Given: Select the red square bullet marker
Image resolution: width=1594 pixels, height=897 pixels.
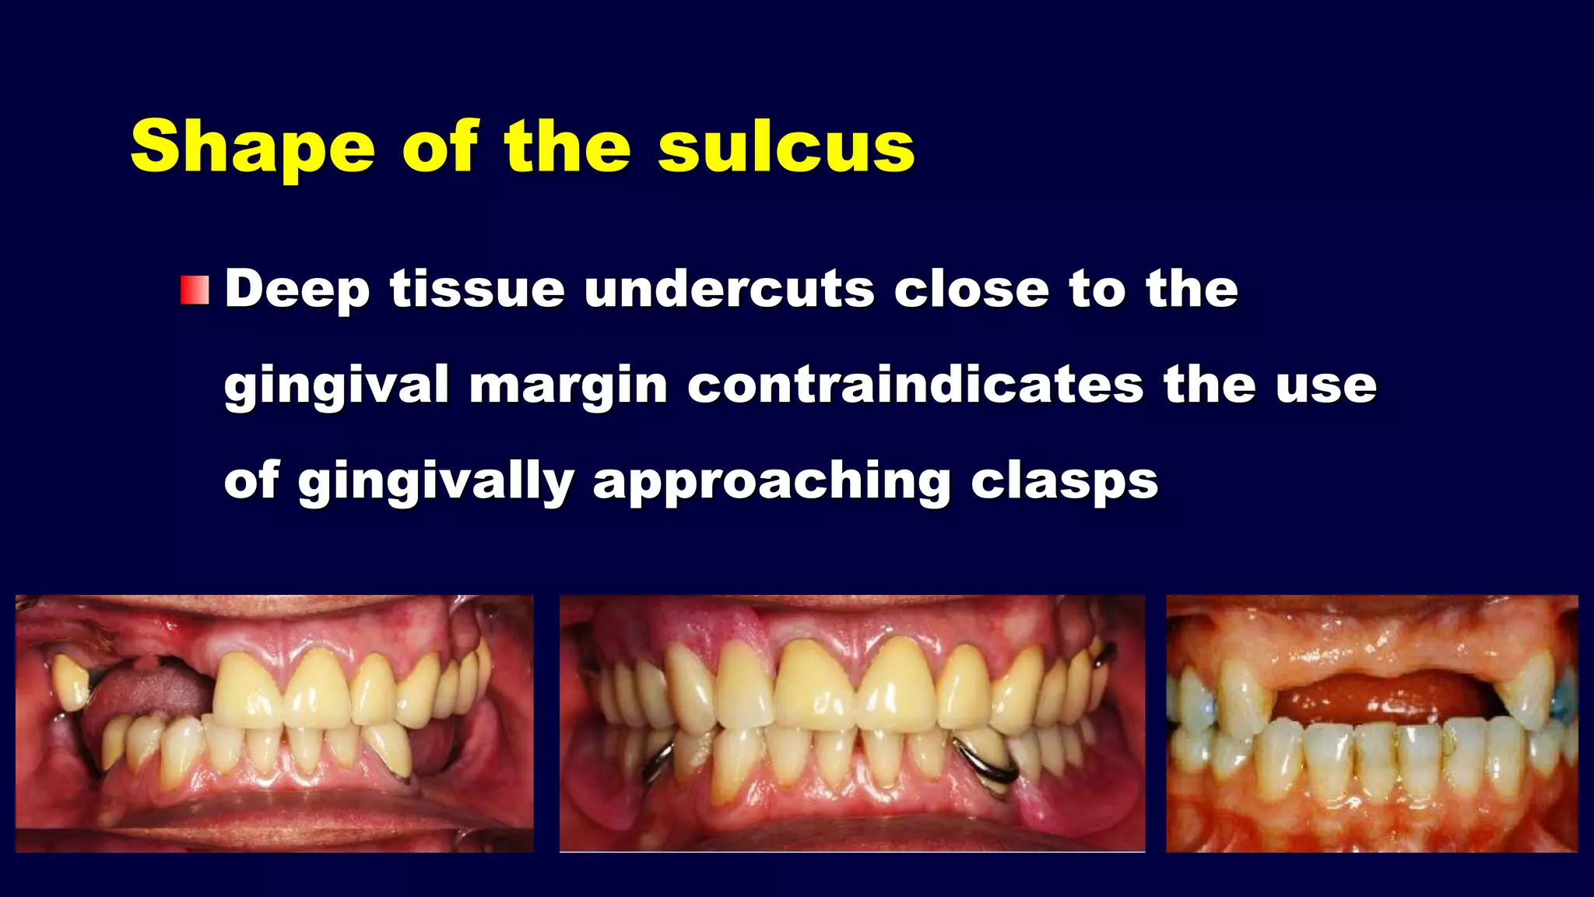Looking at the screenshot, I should (x=195, y=290).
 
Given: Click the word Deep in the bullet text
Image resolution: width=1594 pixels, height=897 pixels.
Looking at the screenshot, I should (x=297, y=290).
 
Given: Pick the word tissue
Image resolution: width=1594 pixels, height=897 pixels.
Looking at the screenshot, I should (x=477, y=290).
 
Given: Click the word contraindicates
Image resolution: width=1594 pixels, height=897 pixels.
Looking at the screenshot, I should (x=915, y=385).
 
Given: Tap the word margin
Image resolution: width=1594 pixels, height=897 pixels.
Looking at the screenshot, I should (x=568, y=385).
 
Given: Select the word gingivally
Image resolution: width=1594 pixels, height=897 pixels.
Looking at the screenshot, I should (x=436, y=481).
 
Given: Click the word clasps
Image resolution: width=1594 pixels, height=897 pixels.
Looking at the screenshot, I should (x=1064, y=481).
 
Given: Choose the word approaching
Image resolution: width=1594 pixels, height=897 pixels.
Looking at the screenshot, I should (x=771, y=481).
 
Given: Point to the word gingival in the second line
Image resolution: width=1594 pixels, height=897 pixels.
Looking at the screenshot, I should (x=336, y=385).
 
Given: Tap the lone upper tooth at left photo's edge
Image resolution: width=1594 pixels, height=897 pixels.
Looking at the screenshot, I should (x=71, y=682).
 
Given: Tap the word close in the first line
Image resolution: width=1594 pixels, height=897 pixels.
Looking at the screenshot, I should (x=971, y=290).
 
